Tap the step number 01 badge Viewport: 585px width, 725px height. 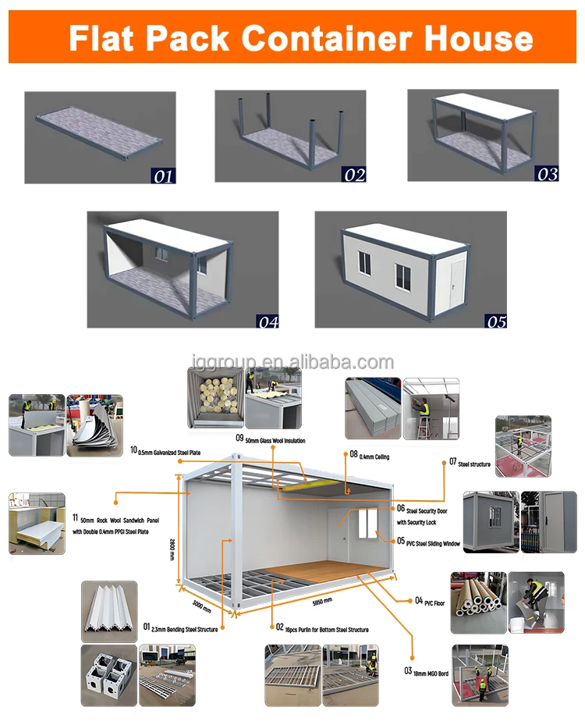pos(163,176)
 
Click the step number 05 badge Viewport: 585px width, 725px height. pos(495,319)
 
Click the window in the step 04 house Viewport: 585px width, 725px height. pos(161,254)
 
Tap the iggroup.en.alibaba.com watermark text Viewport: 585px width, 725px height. pos(292,362)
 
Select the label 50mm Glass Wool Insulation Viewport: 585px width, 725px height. pos(269,441)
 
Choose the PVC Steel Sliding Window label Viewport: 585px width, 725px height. pos(428,542)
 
